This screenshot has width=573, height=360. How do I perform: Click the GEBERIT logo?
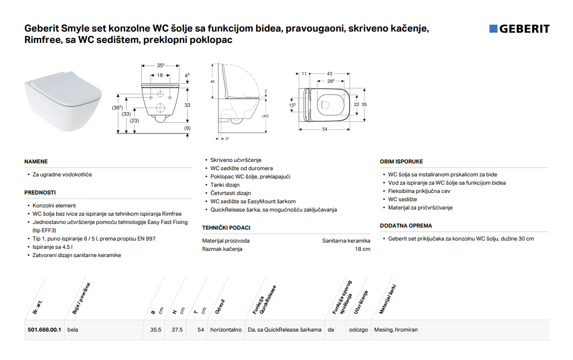pos(519,29)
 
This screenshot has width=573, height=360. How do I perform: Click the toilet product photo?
pos(63,100)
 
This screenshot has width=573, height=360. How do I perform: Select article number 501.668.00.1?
pos(44,329)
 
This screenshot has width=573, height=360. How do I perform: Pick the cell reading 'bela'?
pos(73,329)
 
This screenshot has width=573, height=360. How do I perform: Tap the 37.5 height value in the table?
pos(177,329)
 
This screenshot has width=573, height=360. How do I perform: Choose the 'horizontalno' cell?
pos(226,329)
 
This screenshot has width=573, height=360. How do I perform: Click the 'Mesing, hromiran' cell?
pos(396,329)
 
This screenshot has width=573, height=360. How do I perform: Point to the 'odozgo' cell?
pos(358,329)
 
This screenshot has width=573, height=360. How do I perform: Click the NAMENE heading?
pos(36,161)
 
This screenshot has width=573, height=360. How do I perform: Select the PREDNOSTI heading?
pos(40,192)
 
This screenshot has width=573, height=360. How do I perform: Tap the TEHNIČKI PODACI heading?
pos(226,228)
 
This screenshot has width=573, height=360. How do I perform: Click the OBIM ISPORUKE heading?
pos(401,161)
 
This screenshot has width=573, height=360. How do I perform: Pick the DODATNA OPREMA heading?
pos(406,226)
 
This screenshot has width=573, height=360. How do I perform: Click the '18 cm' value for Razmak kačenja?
pos(363,249)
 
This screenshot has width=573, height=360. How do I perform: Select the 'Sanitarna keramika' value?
pos(346,241)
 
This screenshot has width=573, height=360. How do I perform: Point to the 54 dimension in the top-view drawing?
pos(325,129)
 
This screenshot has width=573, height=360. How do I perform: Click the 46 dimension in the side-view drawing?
pos(213,82)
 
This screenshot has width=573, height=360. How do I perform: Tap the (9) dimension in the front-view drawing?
pos(188,128)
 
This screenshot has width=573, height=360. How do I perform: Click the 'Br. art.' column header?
pos(37,307)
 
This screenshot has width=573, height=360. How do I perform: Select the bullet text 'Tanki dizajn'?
pos(225,185)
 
